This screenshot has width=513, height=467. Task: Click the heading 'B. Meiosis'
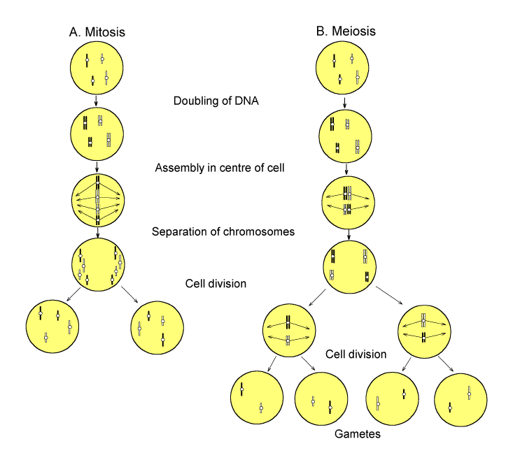[x=345, y=31]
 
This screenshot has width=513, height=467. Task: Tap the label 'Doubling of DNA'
[x=216, y=101]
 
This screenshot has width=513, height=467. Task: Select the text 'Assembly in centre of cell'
[x=216, y=168]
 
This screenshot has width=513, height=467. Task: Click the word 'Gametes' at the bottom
[x=356, y=434]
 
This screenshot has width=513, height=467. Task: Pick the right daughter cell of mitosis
[x=157, y=325]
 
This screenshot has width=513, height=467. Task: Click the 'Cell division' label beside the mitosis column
[x=216, y=284]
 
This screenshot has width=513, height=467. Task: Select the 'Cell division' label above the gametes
[x=356, y=354]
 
